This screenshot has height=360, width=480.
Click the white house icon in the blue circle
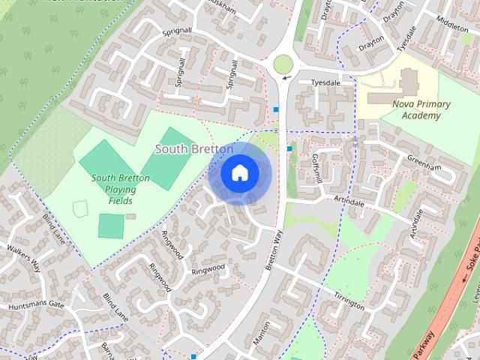point(239,173)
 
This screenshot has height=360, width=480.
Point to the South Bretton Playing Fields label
point(120,190)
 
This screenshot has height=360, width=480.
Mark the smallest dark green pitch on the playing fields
point(110,225)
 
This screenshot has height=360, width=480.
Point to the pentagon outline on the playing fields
point(79,208)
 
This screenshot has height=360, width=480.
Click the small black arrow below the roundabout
point(284,77)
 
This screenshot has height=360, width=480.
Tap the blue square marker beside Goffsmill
point(289,148)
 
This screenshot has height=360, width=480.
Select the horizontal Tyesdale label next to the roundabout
point(325,83)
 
